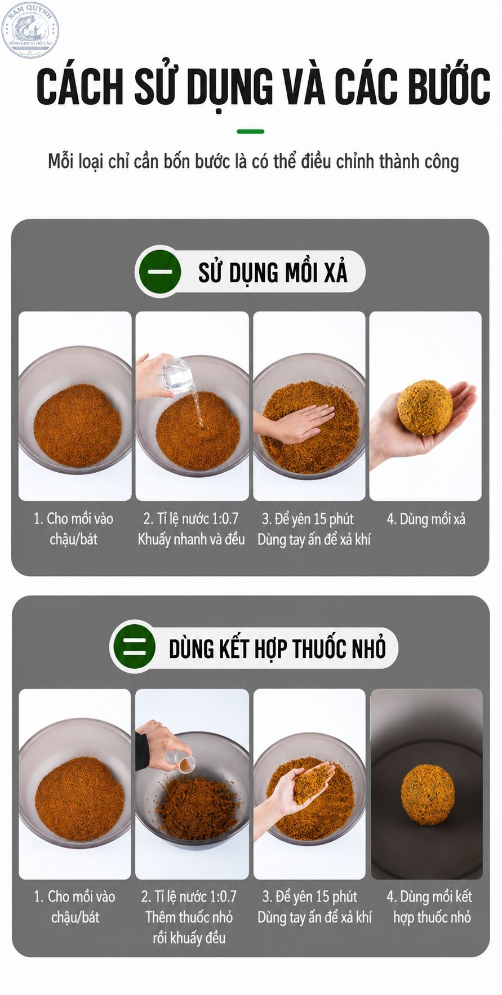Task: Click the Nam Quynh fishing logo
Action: pyautogui.click(x=30, y=29)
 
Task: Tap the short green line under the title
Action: pyautogui.click(x=251, y=131)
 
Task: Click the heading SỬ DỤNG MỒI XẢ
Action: pyautogui.click(x=273, y=273)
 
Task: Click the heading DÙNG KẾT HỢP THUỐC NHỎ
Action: pyautogui.click(x=277, y=648)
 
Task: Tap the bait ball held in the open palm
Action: pyautogui.click(x=425, y=407)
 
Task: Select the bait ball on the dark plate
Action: pyautogui.click(x=427, y=794)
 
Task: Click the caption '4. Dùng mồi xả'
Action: pyautogui.click(x=426, y=519)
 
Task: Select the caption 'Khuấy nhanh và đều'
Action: pyautogui.click(x=191, y=540)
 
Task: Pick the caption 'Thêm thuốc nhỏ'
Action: pyautogui.click(x=189, y=917)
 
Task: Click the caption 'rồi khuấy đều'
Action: pyautogui.click(x=189, y=938)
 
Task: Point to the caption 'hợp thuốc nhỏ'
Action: pyautogui.click(x=432, y=918)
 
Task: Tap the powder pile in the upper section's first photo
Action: pyautogui.click(x=77, y=425)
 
